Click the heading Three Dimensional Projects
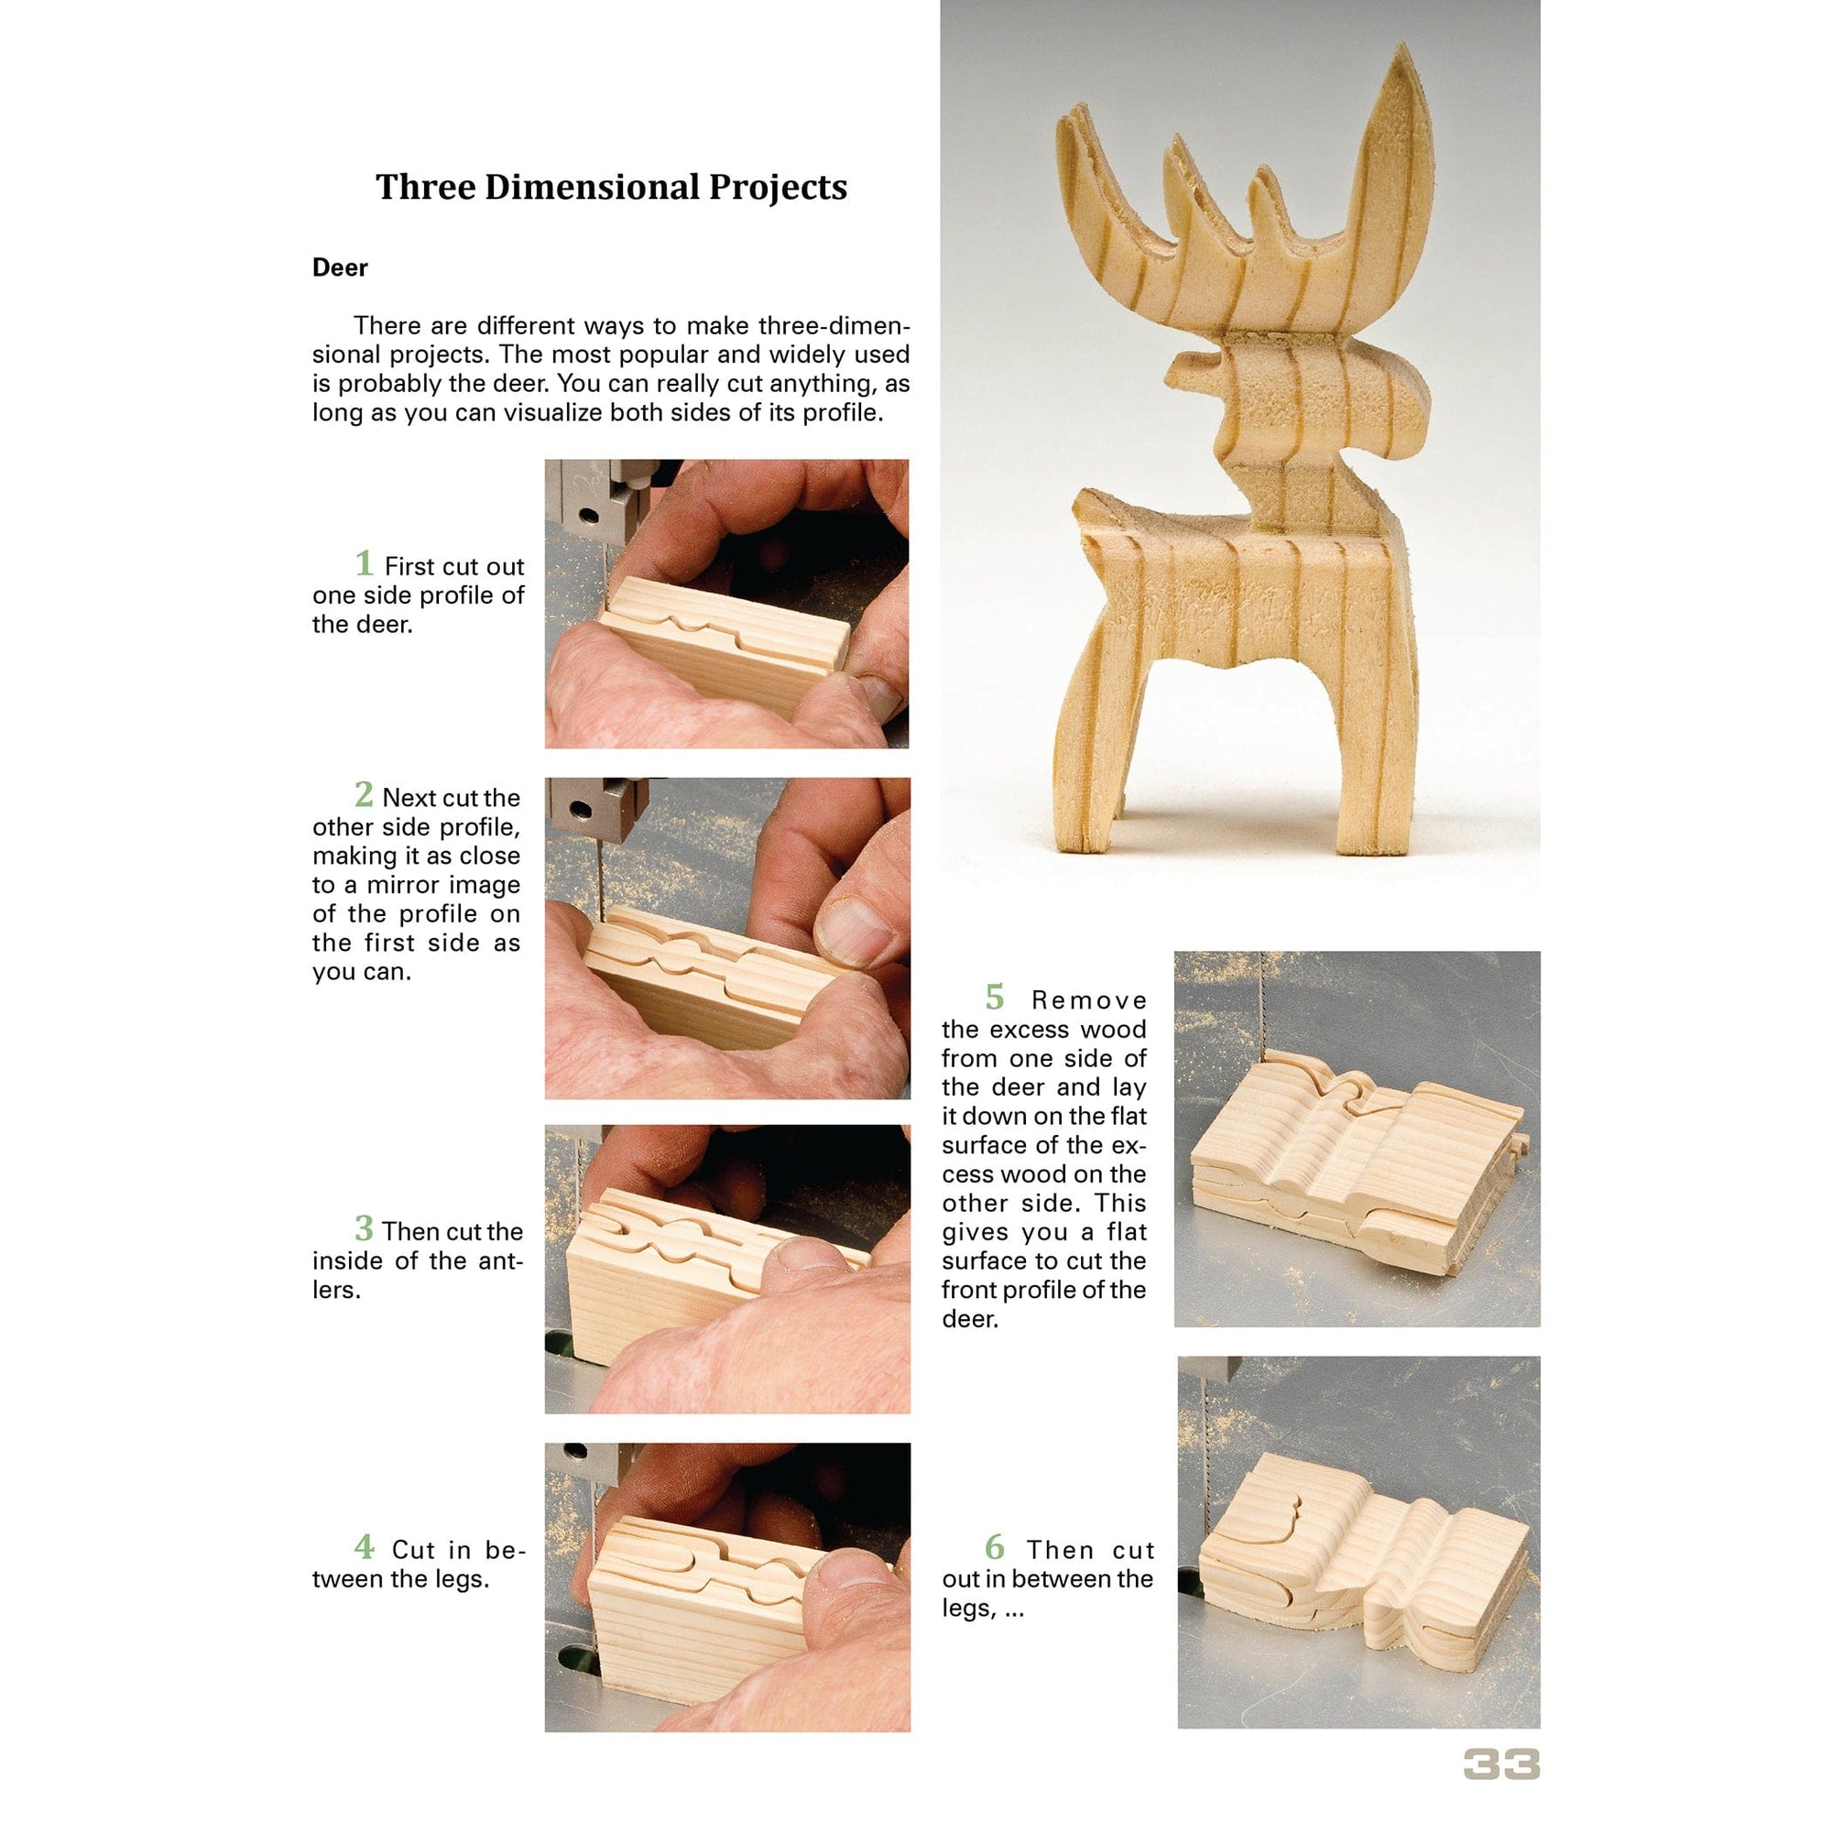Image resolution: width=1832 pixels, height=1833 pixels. pyautogui.click(x=611, y=187)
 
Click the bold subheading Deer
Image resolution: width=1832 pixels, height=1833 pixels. pyautogui.click(x=340, y=267)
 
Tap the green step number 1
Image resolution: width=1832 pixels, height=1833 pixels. pyautogui.click(x=364, y=563)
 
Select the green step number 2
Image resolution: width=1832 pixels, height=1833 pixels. pyautogui.click(x=364, y=794)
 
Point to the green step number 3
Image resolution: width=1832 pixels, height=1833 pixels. pyautogui.click(x=364, y=1227)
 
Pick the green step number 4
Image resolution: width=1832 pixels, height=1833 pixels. pyautogui.click(x=364, y=1546)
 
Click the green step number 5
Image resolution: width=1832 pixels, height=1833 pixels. pyautogui.click(x=993, y=998)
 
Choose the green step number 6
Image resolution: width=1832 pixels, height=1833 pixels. pyautogui.click(x=993, y=1546)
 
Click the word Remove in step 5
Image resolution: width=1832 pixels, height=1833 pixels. pyautogui.click(x=1089, y=1001)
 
